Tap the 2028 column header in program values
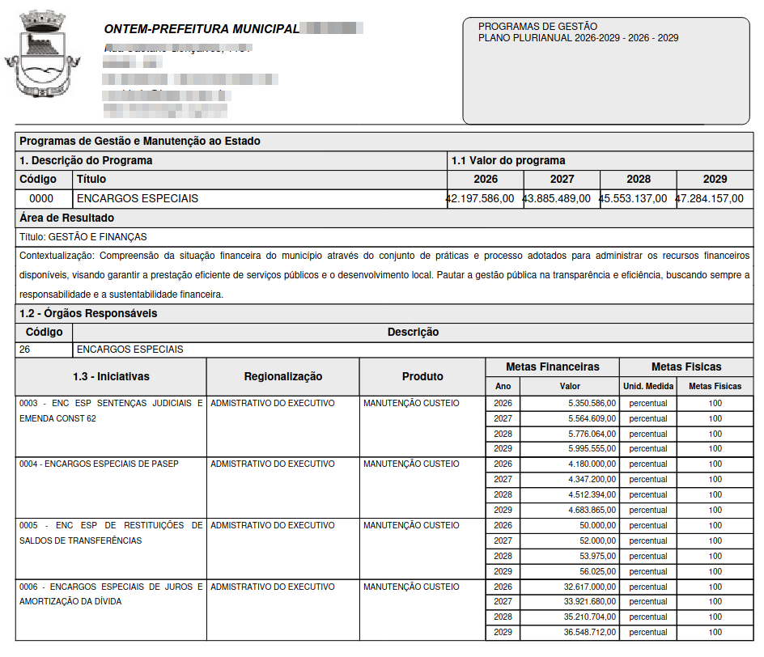point(638,179)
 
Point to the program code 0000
point(41,198)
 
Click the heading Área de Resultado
point(66,218)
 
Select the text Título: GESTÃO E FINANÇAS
point(83,237)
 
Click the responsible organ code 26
point(26,350)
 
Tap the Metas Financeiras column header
point(552,367)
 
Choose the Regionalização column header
point(282,376)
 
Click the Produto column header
point(422,376)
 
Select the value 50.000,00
point(598,525)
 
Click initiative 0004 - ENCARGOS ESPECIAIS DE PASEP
point(99,464)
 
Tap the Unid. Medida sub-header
point(647,386)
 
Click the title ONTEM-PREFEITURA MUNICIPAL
point(202,29)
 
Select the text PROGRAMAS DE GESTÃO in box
point(537,27)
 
